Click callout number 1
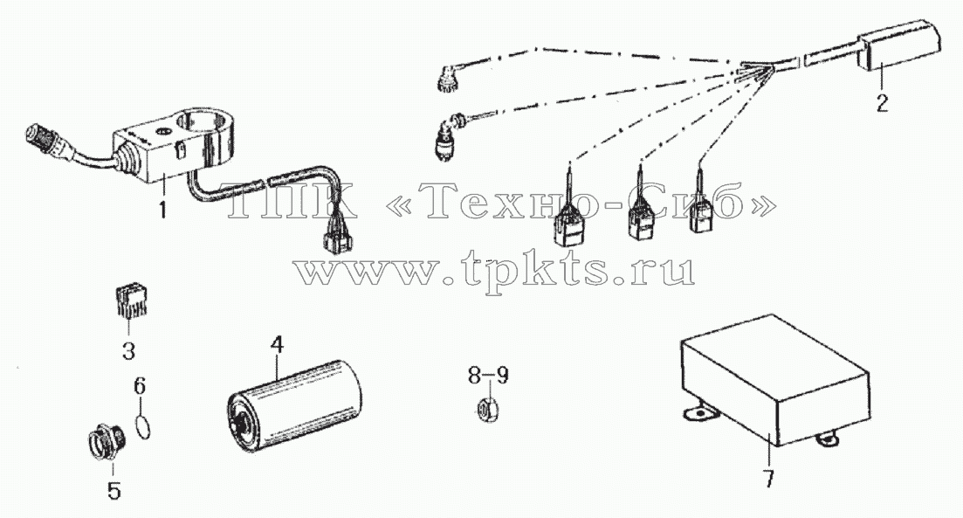pyautogui.click(x=162, y=211)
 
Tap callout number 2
pyautogui.click(x=882, y=102)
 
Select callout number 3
pyautogui.click(x=128, y=351)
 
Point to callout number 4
pyautogui.click(x=277, y=345)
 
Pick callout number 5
pyautogui.click(x=113, y=490)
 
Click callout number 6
pyautogui.click(x=140, y=386)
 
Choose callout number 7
pyautogui.click(x=769, y=478)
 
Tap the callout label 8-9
pyautogui.click(x=488, y=376)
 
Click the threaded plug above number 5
pyautogui.click(x=105, y=443)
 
